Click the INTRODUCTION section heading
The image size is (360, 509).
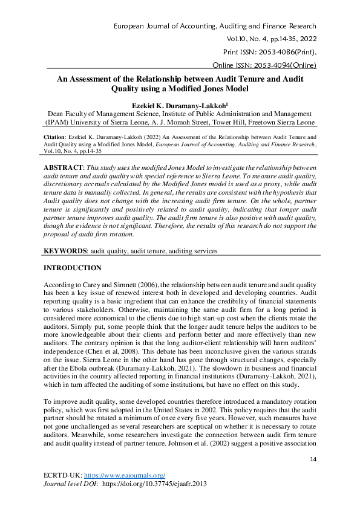(x=73, y=267)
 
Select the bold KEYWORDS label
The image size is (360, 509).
(x=67, y=250)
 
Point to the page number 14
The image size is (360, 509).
(x=313, y=460)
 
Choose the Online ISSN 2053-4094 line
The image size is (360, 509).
(x=264, y=65)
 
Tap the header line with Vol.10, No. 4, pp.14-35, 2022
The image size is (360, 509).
(x=270, y=39)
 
